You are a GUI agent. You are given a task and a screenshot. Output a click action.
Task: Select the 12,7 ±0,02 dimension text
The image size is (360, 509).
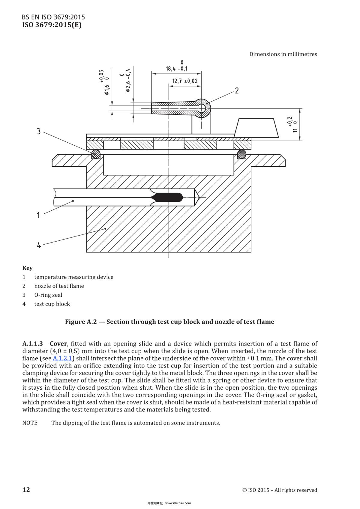point(185,81)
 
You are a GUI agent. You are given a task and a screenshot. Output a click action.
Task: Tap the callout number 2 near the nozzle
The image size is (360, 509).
point(237,91)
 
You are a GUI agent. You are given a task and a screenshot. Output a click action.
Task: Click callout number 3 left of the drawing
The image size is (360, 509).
point(38,132)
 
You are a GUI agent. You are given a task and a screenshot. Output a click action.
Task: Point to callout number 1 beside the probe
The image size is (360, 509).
point(38,215)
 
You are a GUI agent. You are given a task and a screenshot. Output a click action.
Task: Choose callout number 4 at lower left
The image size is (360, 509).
point(39,245)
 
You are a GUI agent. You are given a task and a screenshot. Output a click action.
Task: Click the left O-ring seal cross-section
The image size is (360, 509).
point(96,154)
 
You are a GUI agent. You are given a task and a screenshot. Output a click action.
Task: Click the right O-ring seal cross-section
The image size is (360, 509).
point(241,154)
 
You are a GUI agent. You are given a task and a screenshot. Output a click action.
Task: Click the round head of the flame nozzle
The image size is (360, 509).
point(203,107)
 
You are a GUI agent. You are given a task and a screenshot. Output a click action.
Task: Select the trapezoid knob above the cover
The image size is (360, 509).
point(256,128)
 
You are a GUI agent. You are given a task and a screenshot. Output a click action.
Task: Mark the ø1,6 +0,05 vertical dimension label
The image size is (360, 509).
point(104,82)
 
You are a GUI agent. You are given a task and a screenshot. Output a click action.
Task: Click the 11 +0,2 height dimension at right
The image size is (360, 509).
point(292,125)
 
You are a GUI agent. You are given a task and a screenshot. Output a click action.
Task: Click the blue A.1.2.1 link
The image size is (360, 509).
point(62,358)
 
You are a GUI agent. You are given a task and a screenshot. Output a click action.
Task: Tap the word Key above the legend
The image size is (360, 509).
point(27,268)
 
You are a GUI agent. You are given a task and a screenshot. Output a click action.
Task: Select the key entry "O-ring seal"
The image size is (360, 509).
point(48,295)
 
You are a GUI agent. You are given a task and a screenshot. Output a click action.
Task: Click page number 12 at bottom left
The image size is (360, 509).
point(26,490)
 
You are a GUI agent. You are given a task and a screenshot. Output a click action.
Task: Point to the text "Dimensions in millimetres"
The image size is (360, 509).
point(283,54)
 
